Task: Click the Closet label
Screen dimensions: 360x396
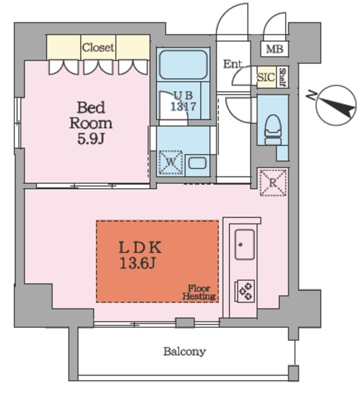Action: coord(98,48)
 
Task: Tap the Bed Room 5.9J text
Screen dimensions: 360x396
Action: coord(91,123)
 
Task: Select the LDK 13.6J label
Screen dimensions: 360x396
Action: coord(140,255)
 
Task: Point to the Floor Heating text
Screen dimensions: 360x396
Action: coord(199,292)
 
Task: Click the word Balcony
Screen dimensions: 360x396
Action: coord(184,351)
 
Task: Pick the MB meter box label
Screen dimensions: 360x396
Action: coord(275,49)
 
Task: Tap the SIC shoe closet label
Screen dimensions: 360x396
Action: coord(266,77)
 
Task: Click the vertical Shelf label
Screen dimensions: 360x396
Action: coord(283,77)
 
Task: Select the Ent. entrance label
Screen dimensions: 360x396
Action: coord(234,64)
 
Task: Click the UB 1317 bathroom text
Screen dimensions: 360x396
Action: coord(183,101)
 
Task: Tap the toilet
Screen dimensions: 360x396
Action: coord(273,130)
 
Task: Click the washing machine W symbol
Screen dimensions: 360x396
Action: coord(171,162)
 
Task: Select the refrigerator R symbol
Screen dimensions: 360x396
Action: coord(273,183)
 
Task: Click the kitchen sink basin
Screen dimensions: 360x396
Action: coord(244,244)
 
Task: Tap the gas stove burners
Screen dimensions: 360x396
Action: coord(245,291)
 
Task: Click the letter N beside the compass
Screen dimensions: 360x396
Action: coord(311,95)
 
